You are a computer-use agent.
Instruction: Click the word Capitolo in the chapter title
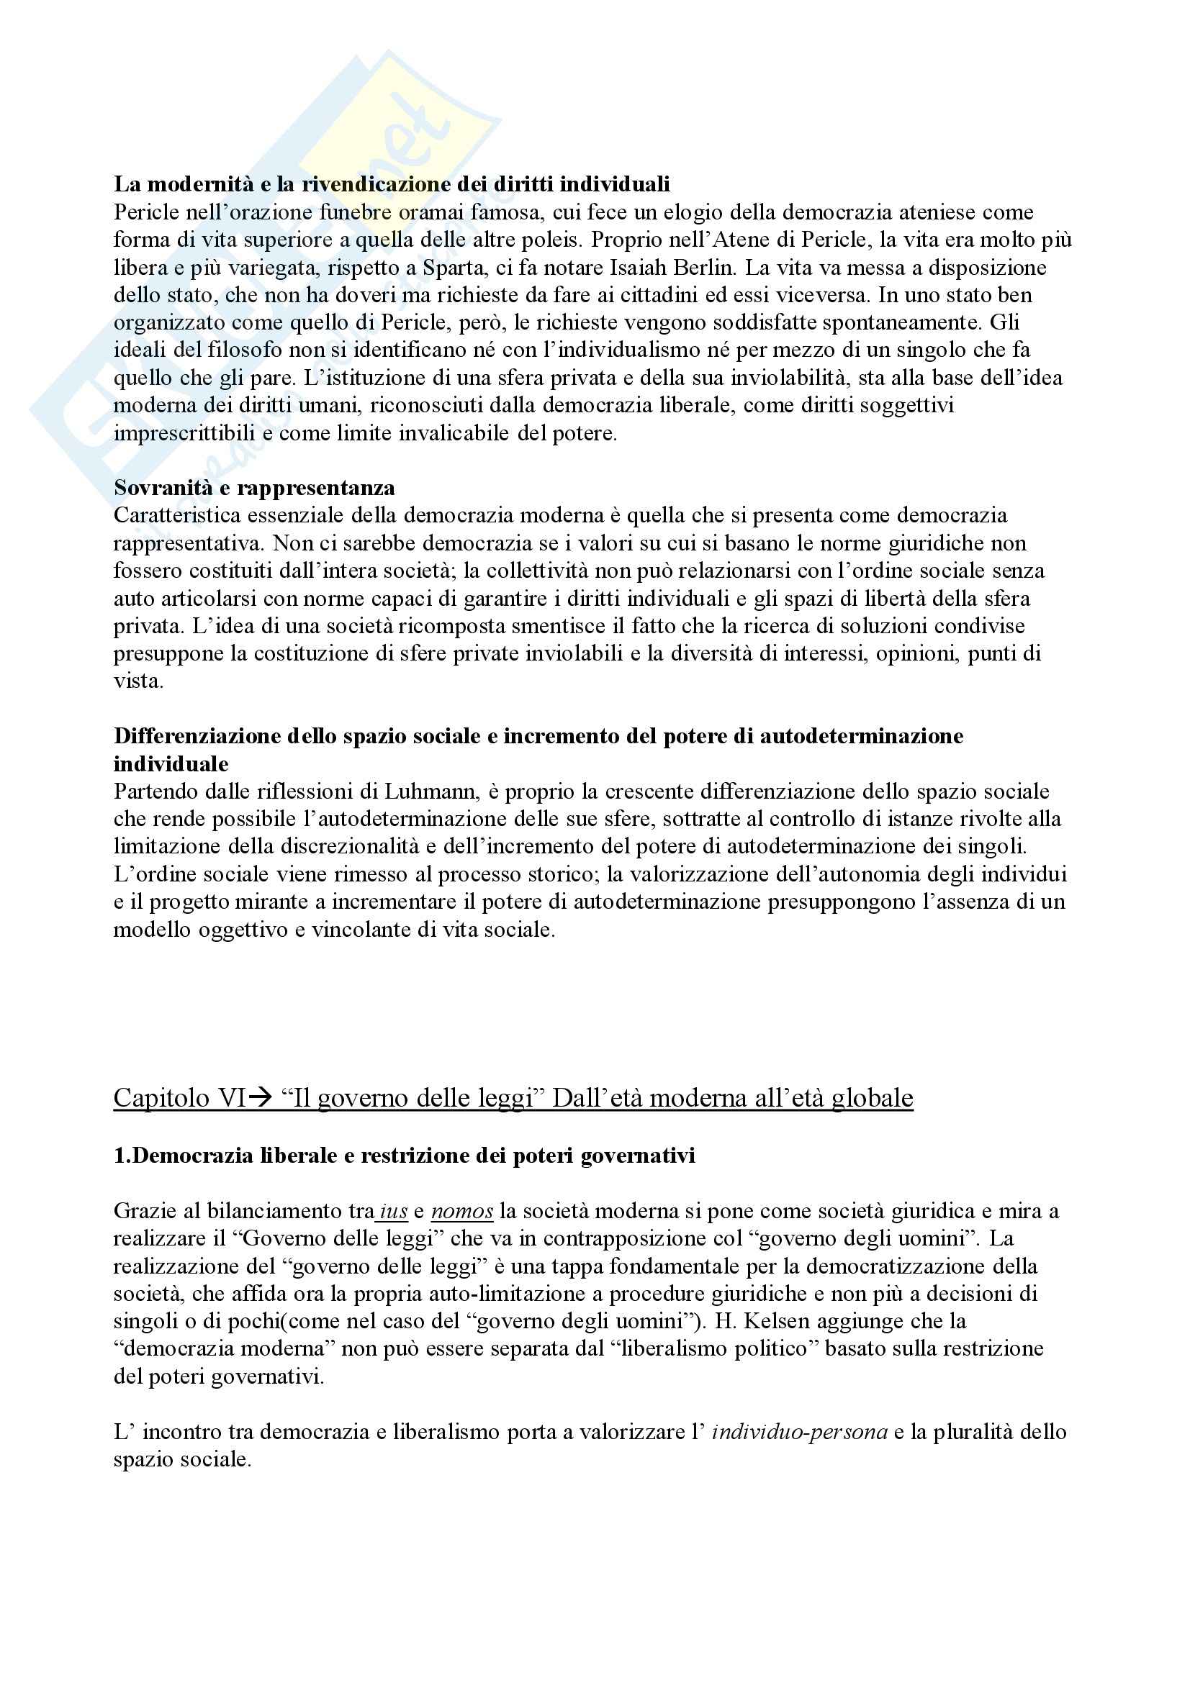[x=161, y=1097]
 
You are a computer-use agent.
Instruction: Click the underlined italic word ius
[x=393, y=1211]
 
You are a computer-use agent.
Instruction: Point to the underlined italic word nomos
[x=462, y=1211]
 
